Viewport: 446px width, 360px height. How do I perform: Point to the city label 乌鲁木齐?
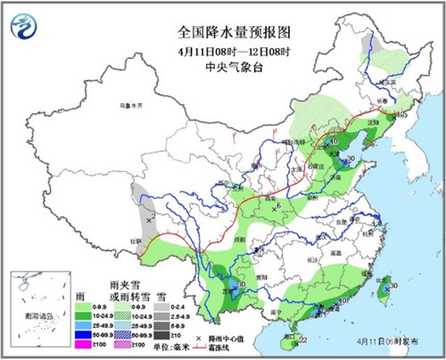132,104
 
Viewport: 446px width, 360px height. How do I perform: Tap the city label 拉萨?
136,239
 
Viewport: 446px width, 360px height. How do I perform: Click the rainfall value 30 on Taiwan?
393,286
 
